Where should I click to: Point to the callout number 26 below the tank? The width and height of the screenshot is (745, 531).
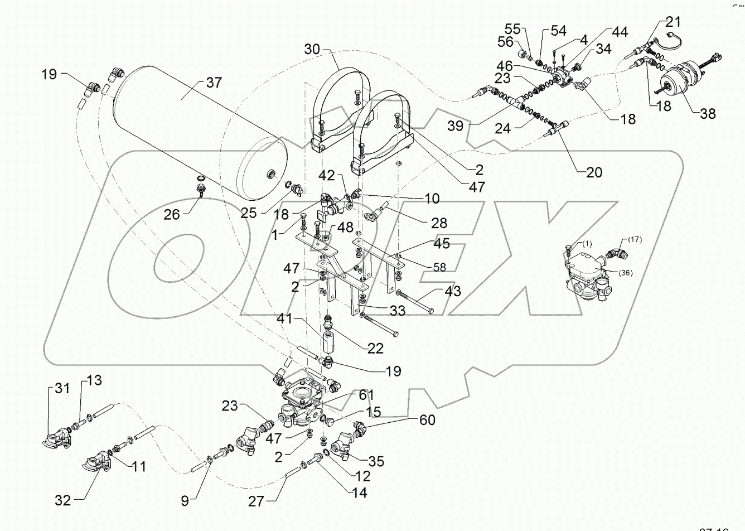[172, 214]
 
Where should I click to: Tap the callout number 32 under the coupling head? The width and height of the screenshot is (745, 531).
[63, 500]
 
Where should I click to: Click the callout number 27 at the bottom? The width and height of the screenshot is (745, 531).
[256, 500]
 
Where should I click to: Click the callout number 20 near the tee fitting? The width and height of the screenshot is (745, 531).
[594, 172]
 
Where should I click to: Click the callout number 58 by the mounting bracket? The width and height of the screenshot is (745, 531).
[440, 268]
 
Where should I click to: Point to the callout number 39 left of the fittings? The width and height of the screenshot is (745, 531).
[456, 125]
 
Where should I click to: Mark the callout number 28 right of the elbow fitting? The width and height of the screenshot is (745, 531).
[439, 223]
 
